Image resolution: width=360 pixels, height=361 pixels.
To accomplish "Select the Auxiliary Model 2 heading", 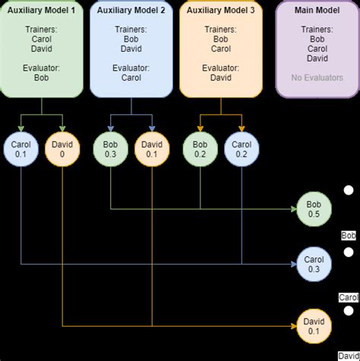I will pos(131,11).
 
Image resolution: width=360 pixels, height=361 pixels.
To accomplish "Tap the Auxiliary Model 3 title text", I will pos(221,11).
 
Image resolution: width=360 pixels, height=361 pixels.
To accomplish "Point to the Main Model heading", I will pos(317,11).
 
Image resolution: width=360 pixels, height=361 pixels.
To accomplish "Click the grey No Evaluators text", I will pos(317,78).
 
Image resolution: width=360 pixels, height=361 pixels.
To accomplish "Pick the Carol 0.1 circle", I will pos(21,149).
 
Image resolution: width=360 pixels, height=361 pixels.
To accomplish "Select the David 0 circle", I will pos(62,149).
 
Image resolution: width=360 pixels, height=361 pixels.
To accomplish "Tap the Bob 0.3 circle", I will pos(111,149).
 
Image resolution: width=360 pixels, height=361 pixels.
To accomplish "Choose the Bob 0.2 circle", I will pos(201,149).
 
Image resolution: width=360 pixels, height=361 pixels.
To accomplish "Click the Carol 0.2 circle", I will pos(242,149).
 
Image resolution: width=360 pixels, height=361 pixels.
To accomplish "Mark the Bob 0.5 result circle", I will pos(313,208).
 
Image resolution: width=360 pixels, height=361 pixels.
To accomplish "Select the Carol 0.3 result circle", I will pos(313,264).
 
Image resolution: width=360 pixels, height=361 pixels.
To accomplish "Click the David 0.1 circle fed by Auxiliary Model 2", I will pos(152,149).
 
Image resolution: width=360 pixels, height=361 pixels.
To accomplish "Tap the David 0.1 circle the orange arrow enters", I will pos(313,326).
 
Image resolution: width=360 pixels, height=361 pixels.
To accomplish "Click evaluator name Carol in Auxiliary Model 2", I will pos(131,78).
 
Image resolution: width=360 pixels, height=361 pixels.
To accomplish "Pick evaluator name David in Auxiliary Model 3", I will pos(221,78).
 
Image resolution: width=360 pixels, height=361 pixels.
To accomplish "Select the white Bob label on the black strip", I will pos(349,236).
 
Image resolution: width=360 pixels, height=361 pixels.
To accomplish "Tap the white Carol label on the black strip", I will pos(349,297).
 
